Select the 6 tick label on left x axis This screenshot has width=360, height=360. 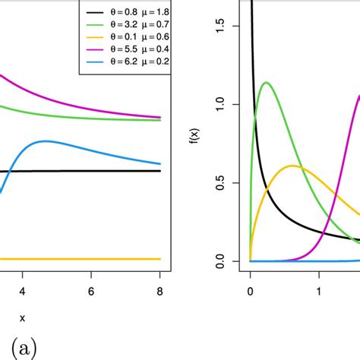pos(91,291)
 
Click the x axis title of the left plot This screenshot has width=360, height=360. pos(22,318)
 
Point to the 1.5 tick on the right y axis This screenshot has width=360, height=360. pos(227,26)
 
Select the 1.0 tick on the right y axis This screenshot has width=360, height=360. pos(227,104)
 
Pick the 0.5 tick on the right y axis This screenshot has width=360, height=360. pos(227,182)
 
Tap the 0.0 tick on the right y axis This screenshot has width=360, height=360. pos(227,261)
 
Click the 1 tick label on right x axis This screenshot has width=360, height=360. pos(319,291)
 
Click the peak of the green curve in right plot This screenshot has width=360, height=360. pos(266,82)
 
